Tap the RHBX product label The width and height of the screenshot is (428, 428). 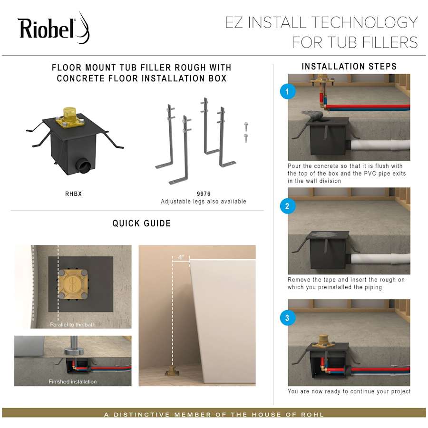pyautogui.click(x=74, y=194)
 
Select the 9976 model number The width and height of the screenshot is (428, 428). pyautogui.click(x=204, y=194)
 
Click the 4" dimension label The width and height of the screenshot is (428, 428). pyautogui.click(x=181, y=257)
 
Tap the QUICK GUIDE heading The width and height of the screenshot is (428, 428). pyautogui.click(x=141, y=223)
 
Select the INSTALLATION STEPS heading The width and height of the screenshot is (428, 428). pyautogui.click(x=349, y=67)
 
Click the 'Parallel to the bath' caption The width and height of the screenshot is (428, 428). pyautogui.click(x=73, y=325)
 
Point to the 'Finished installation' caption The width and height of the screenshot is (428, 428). pyautogui.click(x=73, y=381)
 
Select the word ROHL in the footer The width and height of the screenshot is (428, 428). pyautogui.click(x=311, y=415)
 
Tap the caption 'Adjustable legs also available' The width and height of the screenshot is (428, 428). pyautogui.click(x=204, y=202)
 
